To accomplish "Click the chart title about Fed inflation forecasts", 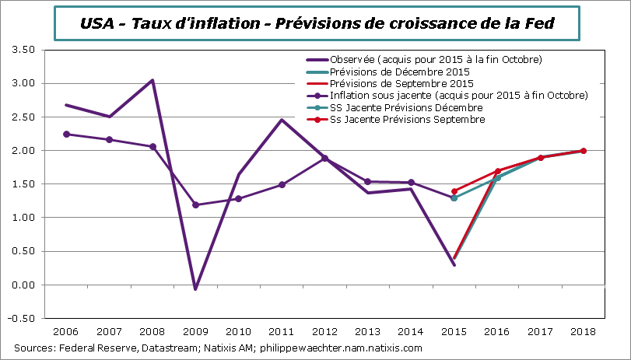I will point(317,24).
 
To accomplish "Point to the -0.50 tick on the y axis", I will point(24,319).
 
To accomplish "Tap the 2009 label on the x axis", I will point(195,331).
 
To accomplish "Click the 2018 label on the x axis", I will point(584,331).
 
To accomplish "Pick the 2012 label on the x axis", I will point(324,331).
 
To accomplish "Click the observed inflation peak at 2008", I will point(152,80).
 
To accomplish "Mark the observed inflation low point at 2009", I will point(195,289).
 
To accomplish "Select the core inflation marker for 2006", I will point(66,134).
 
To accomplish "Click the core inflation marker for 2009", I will point(195,205).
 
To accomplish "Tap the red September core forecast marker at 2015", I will point(454,191).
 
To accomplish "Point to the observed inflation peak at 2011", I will point(282,120).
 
